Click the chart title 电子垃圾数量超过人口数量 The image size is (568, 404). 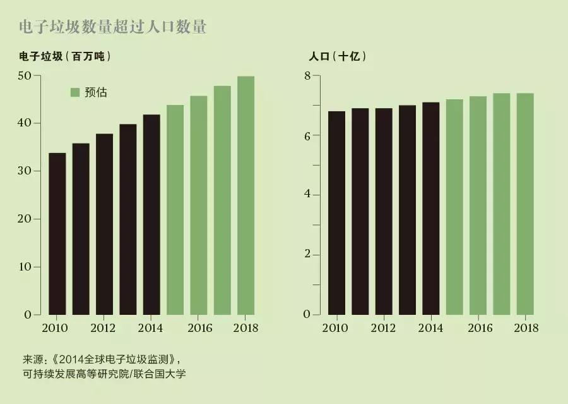(x=113, y=27)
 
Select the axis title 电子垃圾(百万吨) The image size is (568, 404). (x=65, y=56)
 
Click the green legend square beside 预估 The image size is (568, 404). (x=74, y=92)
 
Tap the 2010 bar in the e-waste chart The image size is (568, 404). (x=57, y=234)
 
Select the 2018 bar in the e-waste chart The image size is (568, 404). (x=246, y=196)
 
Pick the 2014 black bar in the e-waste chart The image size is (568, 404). (x=151, y=215)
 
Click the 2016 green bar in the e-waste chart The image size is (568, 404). (x=199, y=205)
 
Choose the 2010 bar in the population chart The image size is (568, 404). (x=336, y=213)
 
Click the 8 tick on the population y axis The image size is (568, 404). (x=307, y=75)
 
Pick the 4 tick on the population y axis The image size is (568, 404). (x=307, y=195)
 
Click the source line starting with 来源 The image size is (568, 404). (x=102, y=360)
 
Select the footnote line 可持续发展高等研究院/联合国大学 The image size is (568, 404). (x=104, y=374)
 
